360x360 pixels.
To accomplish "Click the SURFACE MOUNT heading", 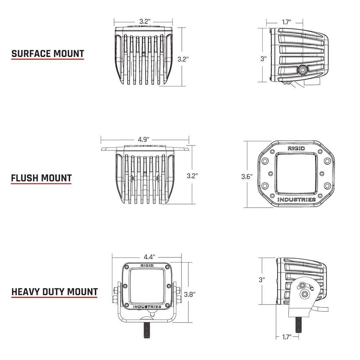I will pyautogui.click(x=48, y=54).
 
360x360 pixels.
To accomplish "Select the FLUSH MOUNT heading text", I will pyautogui.click(x=41, y=178).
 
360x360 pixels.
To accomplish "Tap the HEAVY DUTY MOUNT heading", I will pyautogui.click(x=54, y=291).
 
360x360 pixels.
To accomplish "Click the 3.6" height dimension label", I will pyautogui.click(x=247, y=176).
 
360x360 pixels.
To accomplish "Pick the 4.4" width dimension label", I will pyautogui.click(x=149, y=257).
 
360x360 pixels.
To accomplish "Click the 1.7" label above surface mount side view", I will pyautogui.click(x=286, y=22).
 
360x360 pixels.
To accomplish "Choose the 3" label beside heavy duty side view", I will pyautogui.click(x=262, y=279).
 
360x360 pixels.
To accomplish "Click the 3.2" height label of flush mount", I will pyautogui.click(x=192, y=176).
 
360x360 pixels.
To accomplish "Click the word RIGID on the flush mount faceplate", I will pyautogui.click(x=296, y=148).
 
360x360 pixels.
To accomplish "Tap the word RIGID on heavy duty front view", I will pyautogui.click(x=147, y=266).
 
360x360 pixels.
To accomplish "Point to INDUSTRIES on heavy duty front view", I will pyautogui.click(x=147, y=306).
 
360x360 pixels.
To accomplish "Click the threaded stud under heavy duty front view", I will pyautogui.click(x=147, y=329).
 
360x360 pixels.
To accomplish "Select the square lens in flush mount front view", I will pyautogui.click(x=296, y=174).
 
